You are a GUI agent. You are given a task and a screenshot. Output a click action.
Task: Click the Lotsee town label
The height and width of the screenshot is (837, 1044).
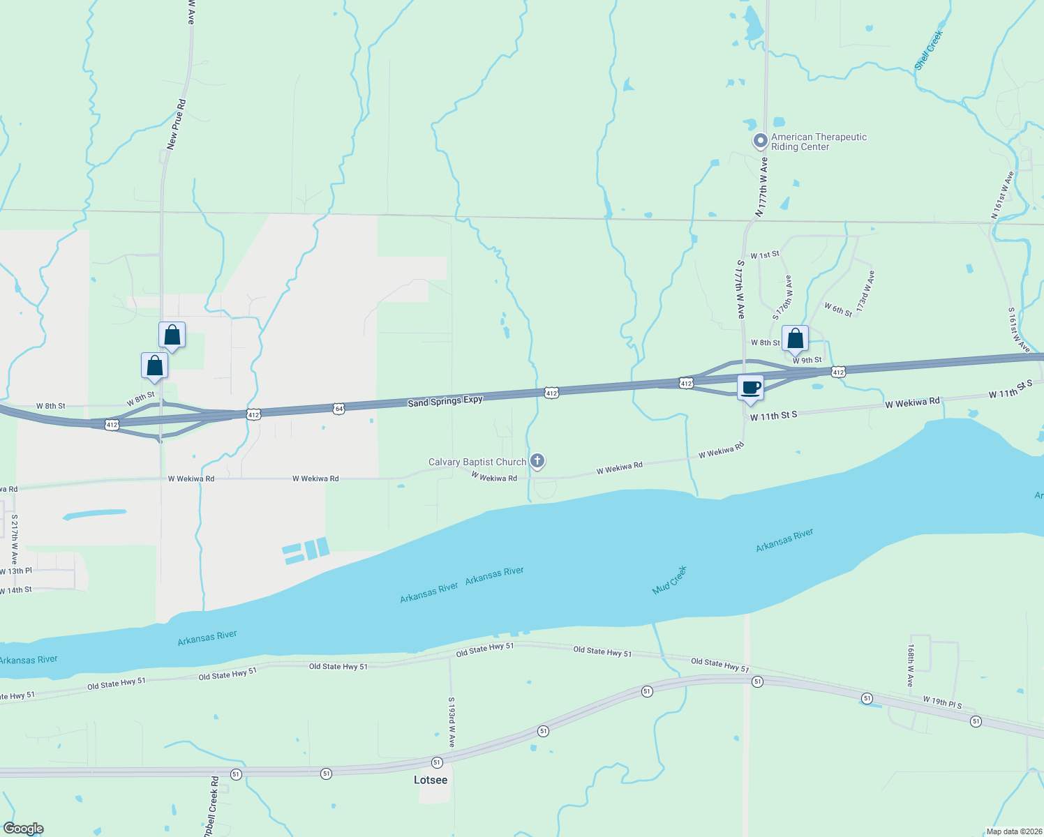pos(431,780)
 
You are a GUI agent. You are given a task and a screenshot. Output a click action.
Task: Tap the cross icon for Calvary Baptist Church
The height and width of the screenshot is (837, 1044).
pos(537,460)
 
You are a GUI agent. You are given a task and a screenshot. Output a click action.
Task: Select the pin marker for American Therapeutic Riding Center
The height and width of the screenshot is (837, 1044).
pos(760,141)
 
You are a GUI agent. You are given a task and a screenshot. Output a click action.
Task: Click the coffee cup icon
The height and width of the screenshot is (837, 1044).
pos(750,388)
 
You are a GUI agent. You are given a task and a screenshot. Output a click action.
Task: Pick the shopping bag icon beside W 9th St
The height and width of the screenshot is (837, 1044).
pos(795,339)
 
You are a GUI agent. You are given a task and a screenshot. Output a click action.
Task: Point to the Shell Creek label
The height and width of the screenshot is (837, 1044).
pos(930,50)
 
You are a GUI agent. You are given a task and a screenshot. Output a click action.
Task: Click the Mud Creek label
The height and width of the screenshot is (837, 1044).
pos(670,580)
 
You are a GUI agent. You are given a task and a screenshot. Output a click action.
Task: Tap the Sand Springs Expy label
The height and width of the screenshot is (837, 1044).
pos(445,401)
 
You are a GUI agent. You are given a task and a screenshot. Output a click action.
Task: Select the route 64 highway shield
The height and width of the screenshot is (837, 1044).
pos(338,408)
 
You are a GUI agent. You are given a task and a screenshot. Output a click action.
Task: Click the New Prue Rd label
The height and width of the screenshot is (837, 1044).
pos(177,124)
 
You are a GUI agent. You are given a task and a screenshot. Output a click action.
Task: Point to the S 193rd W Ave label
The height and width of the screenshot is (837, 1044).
pos(452,722)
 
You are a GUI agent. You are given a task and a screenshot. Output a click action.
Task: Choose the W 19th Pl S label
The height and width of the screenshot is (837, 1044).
pos(942,702)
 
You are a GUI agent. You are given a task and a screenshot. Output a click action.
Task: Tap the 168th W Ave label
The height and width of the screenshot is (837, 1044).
pos(911,665)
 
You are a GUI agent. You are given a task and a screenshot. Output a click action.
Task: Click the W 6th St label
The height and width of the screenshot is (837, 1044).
pos(838,310)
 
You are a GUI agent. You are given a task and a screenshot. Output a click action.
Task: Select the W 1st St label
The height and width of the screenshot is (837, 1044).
pos(765,255)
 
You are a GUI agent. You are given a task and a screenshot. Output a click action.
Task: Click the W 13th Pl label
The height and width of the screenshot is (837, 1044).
pos(16,571)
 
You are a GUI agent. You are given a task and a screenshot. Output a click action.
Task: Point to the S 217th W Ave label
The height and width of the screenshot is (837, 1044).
pos(14,539)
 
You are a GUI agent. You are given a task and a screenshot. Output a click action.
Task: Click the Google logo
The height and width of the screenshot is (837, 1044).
pos(24,829)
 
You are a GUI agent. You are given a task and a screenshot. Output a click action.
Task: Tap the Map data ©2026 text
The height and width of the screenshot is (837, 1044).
pos(1013,831)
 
